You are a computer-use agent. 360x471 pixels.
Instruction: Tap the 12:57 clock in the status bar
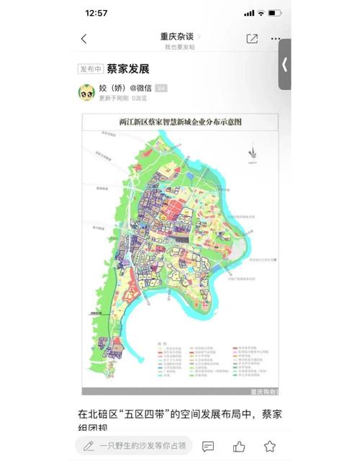point(96,13)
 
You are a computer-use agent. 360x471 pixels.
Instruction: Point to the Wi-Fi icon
point(261,13)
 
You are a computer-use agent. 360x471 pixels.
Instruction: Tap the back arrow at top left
point(84,39)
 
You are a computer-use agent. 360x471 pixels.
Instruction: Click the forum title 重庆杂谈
point(179,36)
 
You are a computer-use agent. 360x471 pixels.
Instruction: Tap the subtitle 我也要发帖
point(179,47)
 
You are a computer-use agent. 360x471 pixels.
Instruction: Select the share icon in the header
point(252,39)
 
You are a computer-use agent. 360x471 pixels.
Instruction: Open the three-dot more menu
point(276,39)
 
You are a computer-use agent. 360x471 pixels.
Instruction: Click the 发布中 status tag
point(90,69)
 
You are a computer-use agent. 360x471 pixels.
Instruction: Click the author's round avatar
point(86,91)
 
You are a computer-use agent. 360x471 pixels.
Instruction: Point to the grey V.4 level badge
point(161,88)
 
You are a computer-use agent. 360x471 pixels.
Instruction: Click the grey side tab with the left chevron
point(284,64)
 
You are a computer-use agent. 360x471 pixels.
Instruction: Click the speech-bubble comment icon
point(208,447)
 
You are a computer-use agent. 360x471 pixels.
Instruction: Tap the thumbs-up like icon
point(239,447)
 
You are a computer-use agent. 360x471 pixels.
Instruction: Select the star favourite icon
point(269,447)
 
